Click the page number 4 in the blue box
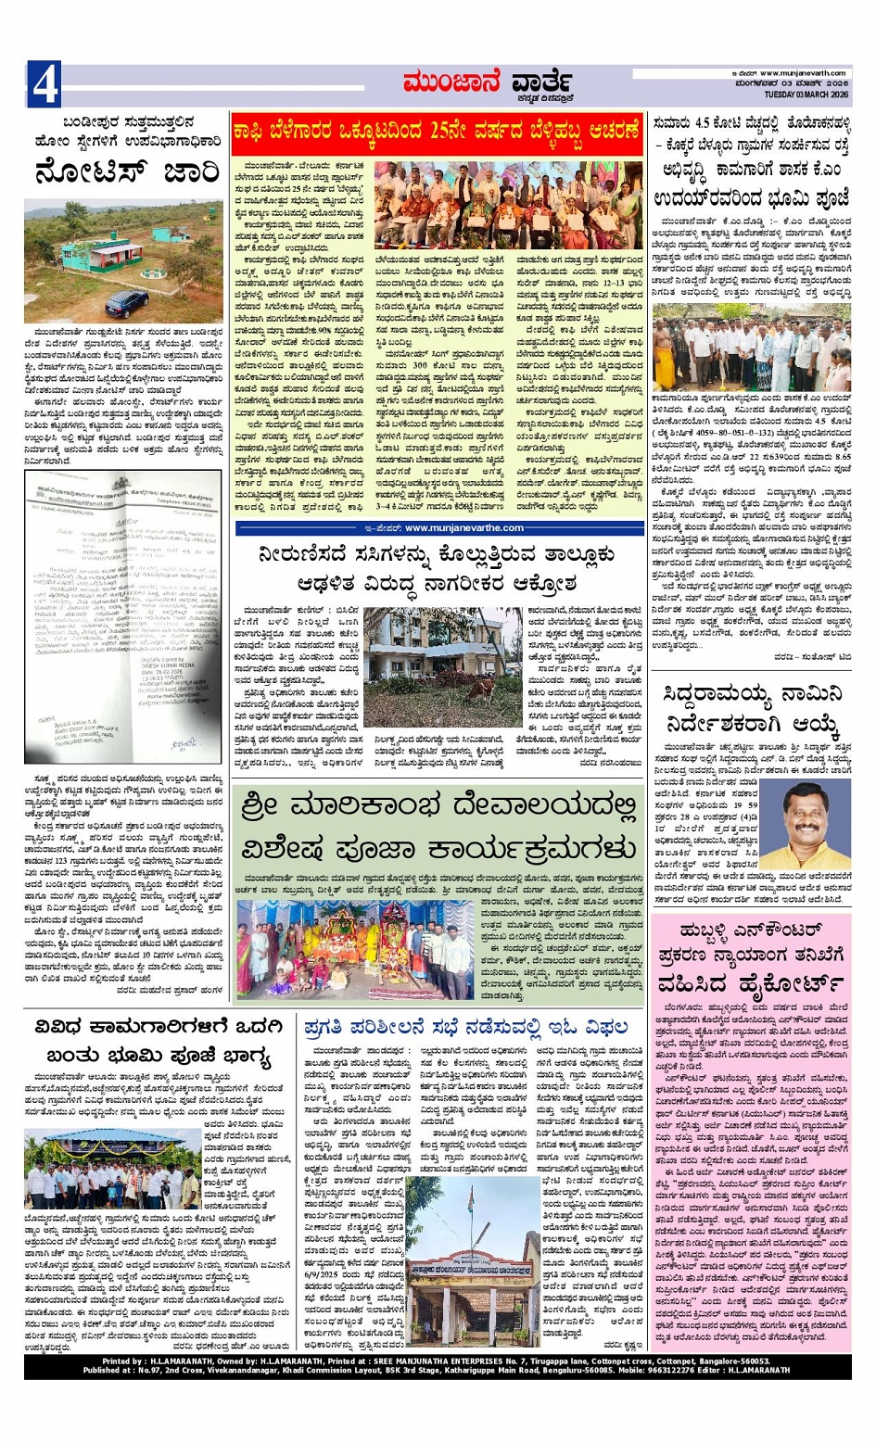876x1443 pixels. point(44,83)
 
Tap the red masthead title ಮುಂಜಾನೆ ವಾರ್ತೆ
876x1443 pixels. point(486,82)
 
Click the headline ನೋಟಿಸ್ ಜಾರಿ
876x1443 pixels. point(126,172)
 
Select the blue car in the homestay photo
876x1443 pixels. point(127,302)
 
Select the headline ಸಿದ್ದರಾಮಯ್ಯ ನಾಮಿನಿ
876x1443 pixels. point(753,694)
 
